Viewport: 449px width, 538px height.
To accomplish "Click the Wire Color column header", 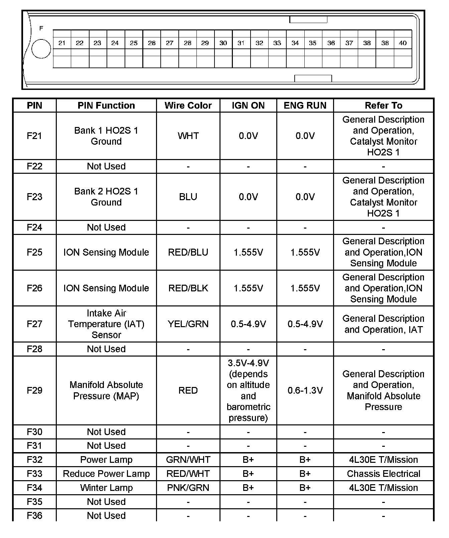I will click(188, 106).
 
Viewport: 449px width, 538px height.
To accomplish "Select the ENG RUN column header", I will click(305, 106).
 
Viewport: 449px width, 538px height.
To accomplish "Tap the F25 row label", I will click(34, 252).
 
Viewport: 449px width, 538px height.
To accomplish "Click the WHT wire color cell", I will click(188, 136).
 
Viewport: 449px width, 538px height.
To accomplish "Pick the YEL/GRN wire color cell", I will click(188, 324).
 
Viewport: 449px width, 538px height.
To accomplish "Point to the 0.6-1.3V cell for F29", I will click(305, 391).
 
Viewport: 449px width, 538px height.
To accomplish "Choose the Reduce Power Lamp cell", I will click(106, 474).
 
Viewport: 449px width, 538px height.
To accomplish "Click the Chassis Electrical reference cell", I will click(384, 474).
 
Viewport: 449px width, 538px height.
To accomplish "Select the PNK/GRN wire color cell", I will click(188, 488).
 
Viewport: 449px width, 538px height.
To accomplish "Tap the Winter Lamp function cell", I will click(106, 488).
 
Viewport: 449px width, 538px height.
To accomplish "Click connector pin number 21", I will click(62, 43).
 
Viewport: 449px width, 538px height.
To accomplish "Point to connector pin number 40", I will click(403, 43).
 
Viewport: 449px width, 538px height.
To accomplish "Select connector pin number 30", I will click(223, 43).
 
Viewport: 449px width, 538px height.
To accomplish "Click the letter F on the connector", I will click(41, 28).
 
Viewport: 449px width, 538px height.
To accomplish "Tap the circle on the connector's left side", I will click(41, 49).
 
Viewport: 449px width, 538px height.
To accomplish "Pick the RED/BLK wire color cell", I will click(188, 288).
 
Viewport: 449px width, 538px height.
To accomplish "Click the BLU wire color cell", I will click(188, 197).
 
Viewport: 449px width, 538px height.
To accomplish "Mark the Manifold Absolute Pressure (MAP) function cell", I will click(106, 391).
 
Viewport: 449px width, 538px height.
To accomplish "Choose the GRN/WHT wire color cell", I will click(188, 460).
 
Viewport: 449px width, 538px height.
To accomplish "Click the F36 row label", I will click(34, 516).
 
